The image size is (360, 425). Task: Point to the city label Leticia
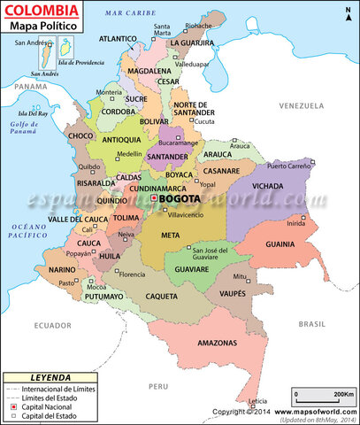258,400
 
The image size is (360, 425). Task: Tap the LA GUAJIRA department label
194,42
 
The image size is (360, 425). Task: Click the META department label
172,236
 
